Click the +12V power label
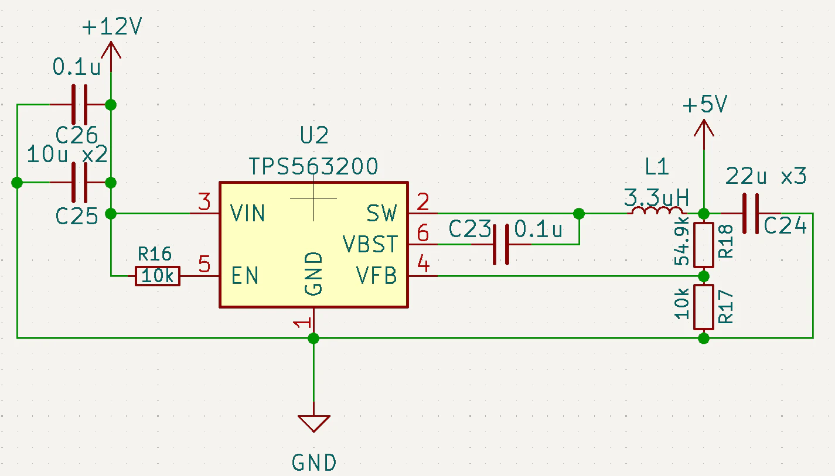112,27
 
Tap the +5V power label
704,104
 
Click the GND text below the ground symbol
314,463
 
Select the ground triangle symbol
314,423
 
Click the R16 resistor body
158,276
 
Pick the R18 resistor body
703,245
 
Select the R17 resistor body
703,307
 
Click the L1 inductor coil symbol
657,211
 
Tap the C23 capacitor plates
500,245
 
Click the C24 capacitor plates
750,214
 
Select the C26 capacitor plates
80,105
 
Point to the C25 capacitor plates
80,183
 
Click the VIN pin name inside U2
247,214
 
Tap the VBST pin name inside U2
370,244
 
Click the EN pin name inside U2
244,276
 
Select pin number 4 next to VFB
423,263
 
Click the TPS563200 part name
313,166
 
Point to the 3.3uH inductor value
656,197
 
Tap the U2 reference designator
314,135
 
